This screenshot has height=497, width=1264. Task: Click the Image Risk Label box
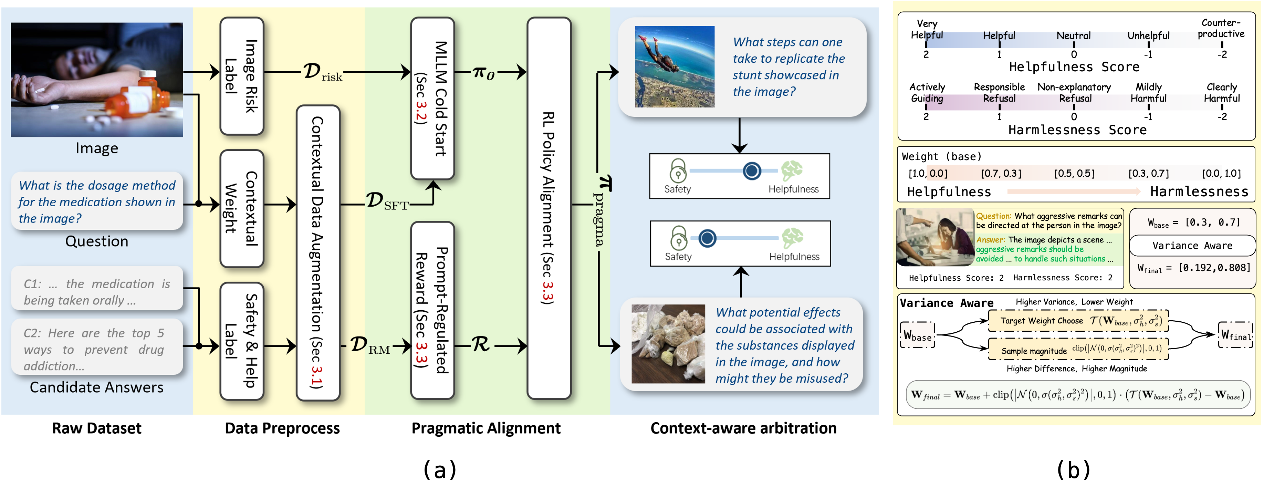(x=242, y=76)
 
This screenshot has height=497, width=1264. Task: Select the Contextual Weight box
(x=242, y=208)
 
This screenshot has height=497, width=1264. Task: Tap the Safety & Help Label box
(x=242, y=341)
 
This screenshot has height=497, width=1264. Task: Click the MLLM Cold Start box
(x=432, y=98)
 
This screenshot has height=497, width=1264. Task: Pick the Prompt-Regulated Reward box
(x=432, y=310)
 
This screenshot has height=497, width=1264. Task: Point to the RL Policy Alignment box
(x=549, y=208)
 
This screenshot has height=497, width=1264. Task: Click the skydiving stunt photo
(x=674, y=67)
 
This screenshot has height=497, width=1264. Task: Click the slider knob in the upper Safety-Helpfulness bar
(x=751, y=171)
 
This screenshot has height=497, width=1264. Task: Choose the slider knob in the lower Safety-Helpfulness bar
(x=707, y=238)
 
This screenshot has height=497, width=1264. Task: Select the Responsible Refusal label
(x=999, y=93)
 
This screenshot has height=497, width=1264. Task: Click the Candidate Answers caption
(x=97, y=387)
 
